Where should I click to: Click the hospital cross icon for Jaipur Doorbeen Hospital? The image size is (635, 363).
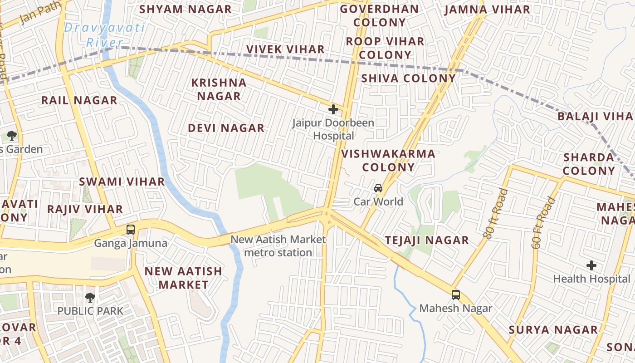click(333, 109)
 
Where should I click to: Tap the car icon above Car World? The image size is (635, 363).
click(378, 188)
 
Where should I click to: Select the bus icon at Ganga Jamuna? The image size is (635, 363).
click(131, 230)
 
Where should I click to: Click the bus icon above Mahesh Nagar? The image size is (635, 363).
click(456, 295)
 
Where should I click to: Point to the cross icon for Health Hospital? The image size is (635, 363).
click(591, 265)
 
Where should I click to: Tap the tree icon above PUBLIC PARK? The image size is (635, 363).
click(90, 298)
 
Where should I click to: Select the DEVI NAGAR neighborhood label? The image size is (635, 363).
click(226, 128)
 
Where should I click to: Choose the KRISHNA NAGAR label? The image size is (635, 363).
click(219, 89)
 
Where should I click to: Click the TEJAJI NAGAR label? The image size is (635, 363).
click(427, 240)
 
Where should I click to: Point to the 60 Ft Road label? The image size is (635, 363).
click(544, 222)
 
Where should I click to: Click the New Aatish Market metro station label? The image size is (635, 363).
click(278, 246)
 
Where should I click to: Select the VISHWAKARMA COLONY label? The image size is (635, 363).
click(388, 160)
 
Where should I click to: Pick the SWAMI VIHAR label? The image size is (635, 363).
click(122, 182)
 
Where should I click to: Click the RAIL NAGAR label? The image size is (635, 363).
click(79, 101)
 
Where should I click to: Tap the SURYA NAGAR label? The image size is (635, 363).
click(553, 330)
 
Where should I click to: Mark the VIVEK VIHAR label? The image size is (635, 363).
click(285, 49)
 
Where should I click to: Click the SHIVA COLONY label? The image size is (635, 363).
click(408, 78)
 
